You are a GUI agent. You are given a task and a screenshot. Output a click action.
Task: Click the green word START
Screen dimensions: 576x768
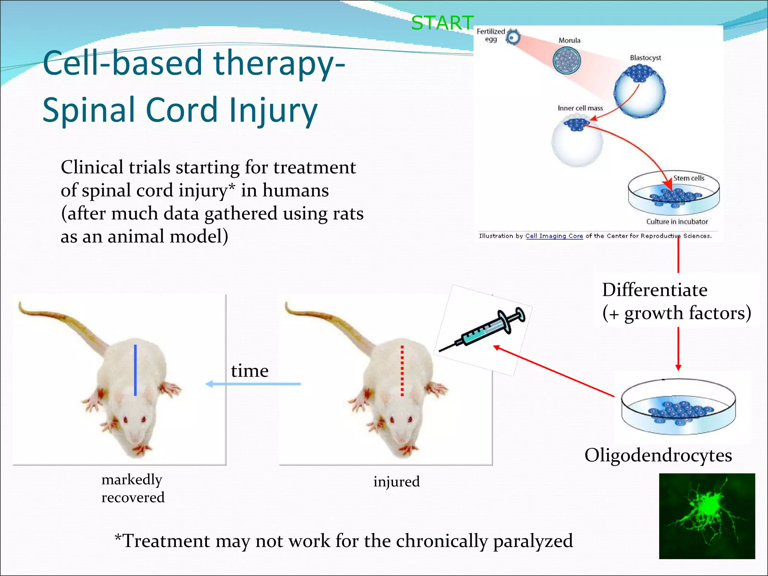(x=442, y=23)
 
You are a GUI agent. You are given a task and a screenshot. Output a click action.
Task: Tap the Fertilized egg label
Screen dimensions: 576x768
(x=490, y=35)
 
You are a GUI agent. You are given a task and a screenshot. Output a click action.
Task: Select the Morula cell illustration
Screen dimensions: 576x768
(x=567, y=60)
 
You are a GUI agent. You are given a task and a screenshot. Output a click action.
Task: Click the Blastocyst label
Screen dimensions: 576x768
(x=645, y=58)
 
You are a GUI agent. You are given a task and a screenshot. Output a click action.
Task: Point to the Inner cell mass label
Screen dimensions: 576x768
(x=580, y=108)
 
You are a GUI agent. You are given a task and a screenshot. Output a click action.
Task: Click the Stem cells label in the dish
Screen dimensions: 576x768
(x=688, y=178)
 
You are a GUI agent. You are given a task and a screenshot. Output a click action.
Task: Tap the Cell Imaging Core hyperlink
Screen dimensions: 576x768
(x=554, y=236)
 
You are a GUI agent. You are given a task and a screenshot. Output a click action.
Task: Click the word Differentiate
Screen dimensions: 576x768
(x=654, y=290)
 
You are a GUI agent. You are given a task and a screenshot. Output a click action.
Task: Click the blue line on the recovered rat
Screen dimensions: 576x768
(x=135, y=370)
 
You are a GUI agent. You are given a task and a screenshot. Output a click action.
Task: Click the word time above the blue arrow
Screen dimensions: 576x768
(x=250, y=370)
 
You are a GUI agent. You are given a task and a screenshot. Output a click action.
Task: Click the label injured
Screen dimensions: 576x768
(x=396, y=481)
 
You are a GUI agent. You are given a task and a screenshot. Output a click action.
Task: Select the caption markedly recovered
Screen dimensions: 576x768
(x=133, y=488)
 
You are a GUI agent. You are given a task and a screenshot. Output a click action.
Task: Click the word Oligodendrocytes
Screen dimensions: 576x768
(x=658, y=455)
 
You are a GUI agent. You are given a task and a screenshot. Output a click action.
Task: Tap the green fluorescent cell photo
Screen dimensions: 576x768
(x=707, y=516)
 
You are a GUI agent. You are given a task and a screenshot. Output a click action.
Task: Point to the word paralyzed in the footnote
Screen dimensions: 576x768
(x=533, y=541)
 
